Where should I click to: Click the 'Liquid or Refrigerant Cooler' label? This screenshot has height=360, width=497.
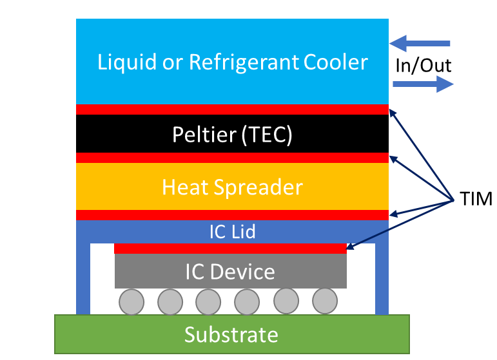[x=232, y=62]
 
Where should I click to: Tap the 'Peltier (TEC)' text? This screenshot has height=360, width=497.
[x=232, y=135]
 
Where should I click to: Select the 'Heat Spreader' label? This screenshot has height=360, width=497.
[x=232, y=187]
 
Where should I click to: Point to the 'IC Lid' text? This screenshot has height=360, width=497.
[x=232, y=231]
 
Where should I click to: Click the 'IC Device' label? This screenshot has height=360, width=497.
[x=230, y=271]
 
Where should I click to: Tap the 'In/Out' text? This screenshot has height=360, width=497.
[x=424, y=65]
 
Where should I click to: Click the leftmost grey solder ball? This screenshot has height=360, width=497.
[x=131, y=301]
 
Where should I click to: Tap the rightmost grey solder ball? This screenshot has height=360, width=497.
[x=325, y=300]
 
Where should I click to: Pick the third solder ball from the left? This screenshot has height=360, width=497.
[x=208, y=301]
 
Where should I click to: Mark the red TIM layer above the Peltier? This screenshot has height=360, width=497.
[x=232, y=109]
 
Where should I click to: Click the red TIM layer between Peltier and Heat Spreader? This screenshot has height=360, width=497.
[x=232, y=158]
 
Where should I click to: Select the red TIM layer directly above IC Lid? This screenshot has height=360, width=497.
[x=232, y=214]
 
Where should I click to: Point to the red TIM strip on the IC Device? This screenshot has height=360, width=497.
[x=230, y=248]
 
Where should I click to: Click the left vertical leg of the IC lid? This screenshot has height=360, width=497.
[x=83, y=277]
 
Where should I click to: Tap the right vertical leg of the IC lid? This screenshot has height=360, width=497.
[x=382, y=277]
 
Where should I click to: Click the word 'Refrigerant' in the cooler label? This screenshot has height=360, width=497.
[x=244, y=62]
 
